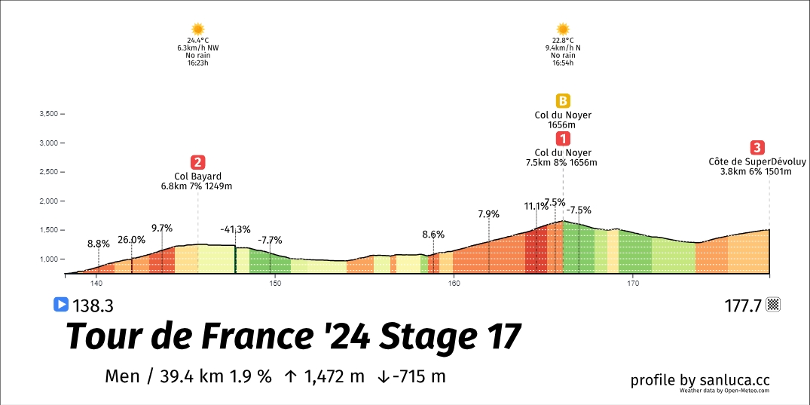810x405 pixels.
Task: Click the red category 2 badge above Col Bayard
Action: click(197, 161)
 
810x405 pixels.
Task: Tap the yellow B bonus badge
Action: click(563, 100)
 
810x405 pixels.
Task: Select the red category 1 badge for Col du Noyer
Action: click(563, 138)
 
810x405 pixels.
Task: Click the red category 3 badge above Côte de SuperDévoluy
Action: click(757, 147)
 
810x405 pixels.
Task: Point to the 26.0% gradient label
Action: click(132, 240)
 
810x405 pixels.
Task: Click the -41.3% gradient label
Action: click(236, 229)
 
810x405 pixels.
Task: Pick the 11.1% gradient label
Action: click(536, 207)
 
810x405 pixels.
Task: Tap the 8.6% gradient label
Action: click(433, 235)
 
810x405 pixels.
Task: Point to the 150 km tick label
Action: click(275, 284)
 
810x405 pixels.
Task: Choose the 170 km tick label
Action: click(633, 284)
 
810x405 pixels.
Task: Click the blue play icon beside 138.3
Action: click(61, 305)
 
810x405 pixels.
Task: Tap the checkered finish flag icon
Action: click(772, 305)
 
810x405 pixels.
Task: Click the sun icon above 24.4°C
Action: click(197, 29)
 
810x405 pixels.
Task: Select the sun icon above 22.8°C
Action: click(563, 29)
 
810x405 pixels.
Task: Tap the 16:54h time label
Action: click(563, 63)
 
